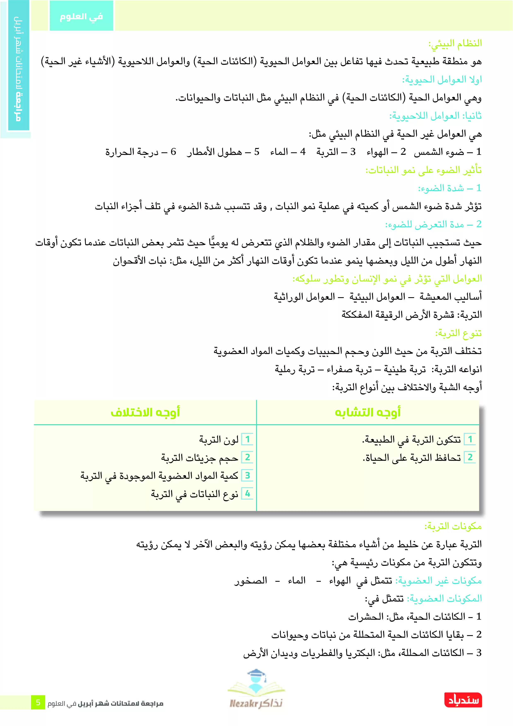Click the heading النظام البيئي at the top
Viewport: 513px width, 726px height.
(455, 43)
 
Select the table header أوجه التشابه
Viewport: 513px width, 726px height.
(368, 412)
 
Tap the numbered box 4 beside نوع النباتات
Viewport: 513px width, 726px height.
(247, 494)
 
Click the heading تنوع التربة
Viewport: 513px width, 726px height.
(458, 333)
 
